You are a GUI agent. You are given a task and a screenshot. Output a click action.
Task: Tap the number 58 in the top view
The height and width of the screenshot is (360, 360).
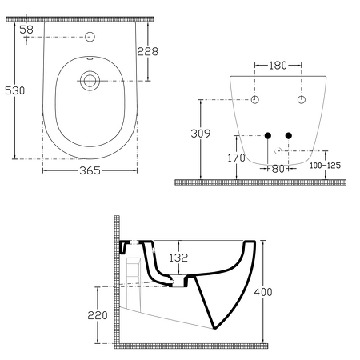[x=26, y=29]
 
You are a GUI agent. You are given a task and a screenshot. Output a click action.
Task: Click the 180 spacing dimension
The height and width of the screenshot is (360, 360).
[x=278, y=65]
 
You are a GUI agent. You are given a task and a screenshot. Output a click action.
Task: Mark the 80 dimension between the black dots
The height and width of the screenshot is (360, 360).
[x=278, y=169]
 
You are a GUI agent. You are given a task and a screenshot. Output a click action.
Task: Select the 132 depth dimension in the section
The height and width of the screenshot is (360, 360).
[x=178, y=257]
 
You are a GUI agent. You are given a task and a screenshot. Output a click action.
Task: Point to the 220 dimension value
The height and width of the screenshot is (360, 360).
[x=96, y=315]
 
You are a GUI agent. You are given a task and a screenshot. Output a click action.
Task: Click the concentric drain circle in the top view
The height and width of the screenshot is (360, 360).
[x=90, y=80]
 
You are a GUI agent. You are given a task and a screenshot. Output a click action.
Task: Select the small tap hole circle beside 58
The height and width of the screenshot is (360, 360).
[x=90, y=37]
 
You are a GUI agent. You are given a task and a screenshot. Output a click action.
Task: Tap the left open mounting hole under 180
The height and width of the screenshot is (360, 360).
[x=255, y=99]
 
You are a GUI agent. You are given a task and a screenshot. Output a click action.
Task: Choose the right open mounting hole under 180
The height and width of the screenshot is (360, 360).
[x=302, y=99]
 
